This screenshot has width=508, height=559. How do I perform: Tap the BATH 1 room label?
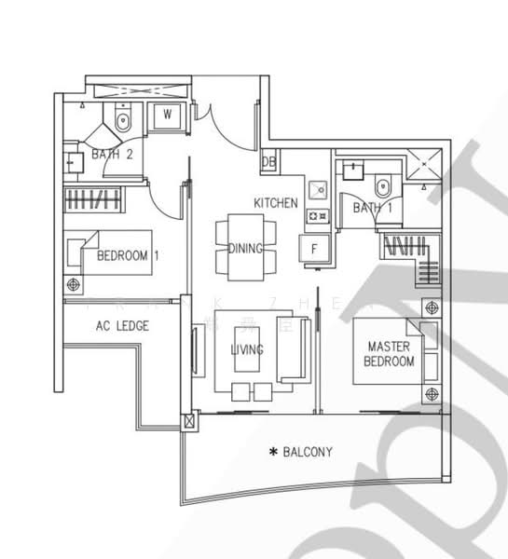click(372, 207)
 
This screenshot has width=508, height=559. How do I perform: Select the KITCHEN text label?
click(276, 202)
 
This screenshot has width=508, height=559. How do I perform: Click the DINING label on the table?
click(245, 249)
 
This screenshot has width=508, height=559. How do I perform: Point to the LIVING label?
click(247, 349)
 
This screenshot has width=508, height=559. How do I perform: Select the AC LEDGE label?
click(122, 326)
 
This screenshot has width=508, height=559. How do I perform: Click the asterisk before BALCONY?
click(273, 453)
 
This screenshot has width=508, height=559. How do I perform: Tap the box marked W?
click(168, 116)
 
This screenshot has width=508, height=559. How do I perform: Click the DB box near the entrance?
click(269, 161)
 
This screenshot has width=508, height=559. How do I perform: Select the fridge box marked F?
click(314, 248)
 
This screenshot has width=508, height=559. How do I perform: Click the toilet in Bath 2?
click(124, 118)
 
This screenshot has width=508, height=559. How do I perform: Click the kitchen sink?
click(318, 190)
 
